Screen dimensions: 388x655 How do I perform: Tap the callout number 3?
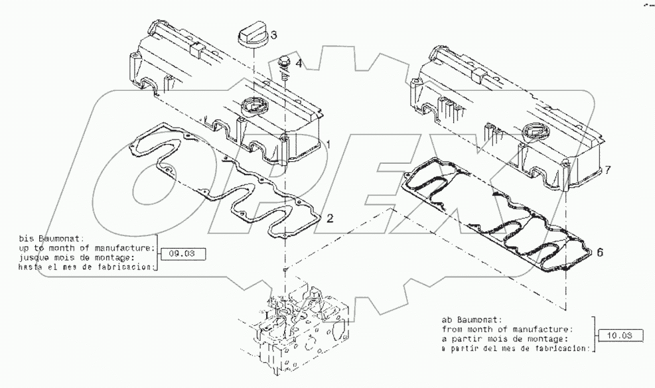tap(273, 34)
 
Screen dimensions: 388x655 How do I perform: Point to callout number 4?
tap(299, 64)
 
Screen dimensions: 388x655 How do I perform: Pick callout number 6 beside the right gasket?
tap(599, 253)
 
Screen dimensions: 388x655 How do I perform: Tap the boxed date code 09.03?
tap(182, 253)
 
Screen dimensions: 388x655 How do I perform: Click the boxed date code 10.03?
tap(618, 337)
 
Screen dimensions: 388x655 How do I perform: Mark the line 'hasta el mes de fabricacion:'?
tap(80, 267)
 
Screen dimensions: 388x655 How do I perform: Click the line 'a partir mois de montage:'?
tap(506, 338)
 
